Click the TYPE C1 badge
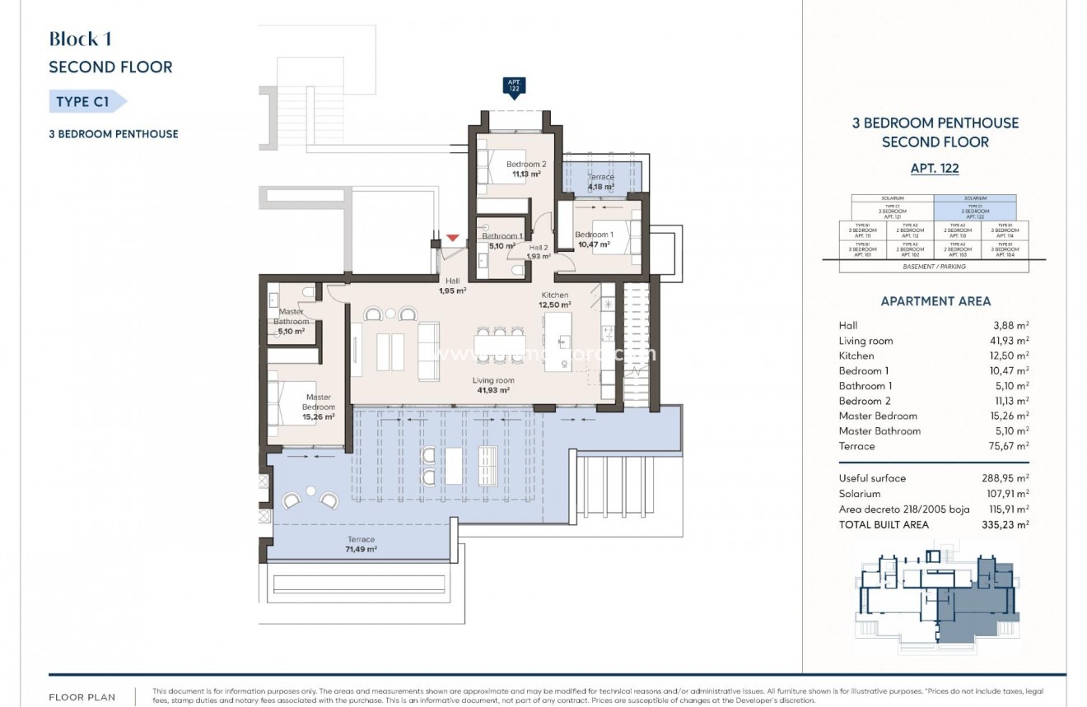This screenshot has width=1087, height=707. coord(85,102)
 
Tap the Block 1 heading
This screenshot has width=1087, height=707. coord(80,39)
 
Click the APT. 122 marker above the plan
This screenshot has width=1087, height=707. coord(514,86)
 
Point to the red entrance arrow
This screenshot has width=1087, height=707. coord(452,239)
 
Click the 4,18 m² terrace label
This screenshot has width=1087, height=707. coord(600,182)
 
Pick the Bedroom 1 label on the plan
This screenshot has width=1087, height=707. coord(595,240)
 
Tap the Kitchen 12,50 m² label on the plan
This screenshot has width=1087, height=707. coord(555,300)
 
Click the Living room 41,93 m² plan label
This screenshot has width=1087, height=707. coord(493,385)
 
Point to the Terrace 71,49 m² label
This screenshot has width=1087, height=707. coord(361,544)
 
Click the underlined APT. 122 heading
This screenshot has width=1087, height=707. coord(935,169)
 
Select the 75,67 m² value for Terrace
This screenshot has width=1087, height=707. coord(1010,446)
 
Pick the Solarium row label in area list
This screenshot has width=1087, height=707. coord(859,494)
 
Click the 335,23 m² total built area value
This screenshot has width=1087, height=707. coord(1010,524)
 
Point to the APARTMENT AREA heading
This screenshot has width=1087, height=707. coord(935,301)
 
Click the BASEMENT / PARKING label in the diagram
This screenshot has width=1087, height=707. coord(935,267)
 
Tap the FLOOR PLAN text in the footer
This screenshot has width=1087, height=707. coord(83,697)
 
